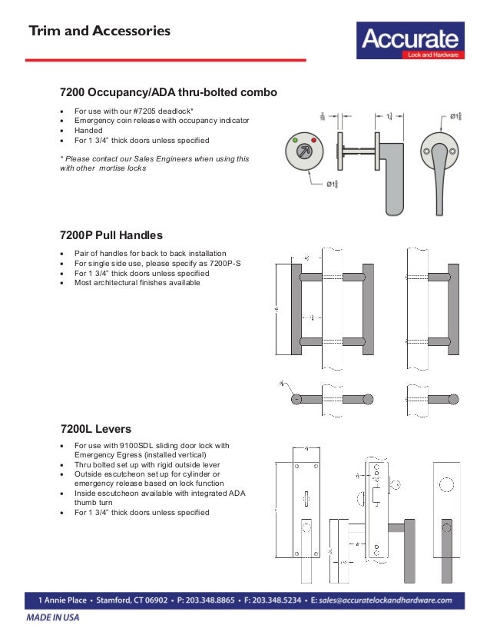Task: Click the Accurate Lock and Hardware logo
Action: [x=409, y=42]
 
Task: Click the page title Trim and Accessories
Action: [x=99, y=32]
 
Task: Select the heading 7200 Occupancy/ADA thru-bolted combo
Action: [x=168, y=92]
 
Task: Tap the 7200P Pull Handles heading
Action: [x=111, y=234]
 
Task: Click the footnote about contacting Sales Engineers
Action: [x=154, y=163]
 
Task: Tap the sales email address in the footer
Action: [x=389, y=600]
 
